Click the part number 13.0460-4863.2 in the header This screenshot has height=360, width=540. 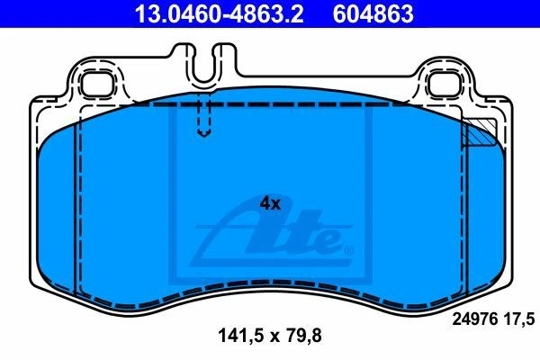[x=219, y=13]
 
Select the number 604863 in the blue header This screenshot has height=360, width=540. [x=373, y=13]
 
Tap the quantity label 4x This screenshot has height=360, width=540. [x=270, y=203]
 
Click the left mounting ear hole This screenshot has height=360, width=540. [x=97, y=85]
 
